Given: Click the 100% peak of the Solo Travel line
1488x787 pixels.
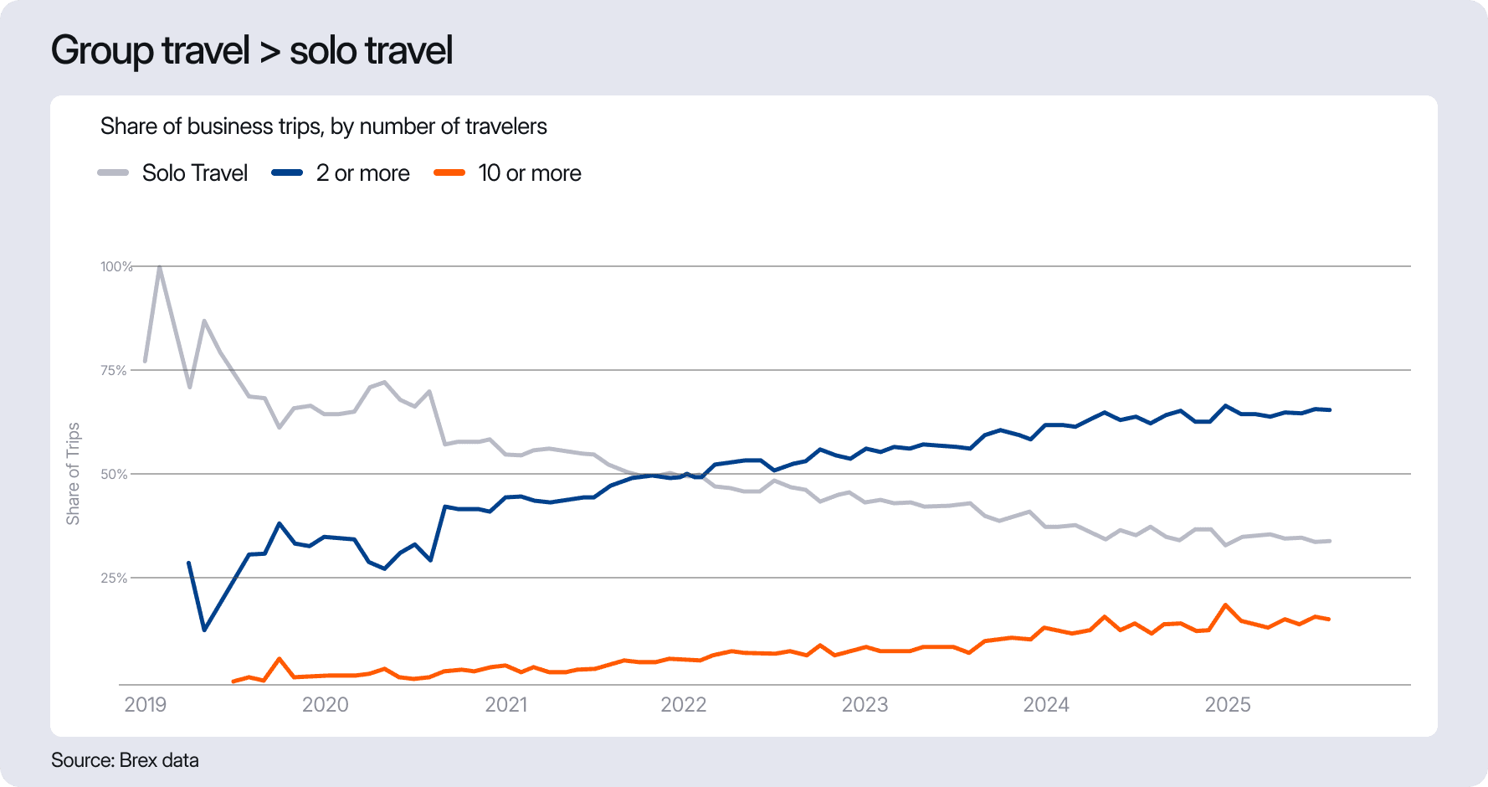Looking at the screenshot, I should [159, 267].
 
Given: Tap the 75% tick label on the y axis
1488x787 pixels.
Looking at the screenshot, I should [114, 370].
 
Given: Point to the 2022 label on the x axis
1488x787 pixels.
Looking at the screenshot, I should [684, 705].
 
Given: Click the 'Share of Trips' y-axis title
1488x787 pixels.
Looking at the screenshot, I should [74, 474].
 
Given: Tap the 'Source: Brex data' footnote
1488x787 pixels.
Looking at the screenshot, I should [125, 760].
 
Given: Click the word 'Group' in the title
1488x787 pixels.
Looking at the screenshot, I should [102, 50].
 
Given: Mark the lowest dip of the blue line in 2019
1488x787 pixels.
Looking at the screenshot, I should [204, 630].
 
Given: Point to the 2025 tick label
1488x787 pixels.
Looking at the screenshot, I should [1227, 705].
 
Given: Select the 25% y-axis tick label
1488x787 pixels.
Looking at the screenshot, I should [114, 578].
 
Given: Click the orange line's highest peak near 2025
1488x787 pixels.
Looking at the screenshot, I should [1225, 604].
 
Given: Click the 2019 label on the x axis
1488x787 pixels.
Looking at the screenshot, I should [146, 705].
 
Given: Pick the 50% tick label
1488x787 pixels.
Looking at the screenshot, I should [114, 474].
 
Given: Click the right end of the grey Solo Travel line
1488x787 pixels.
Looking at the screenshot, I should [1329, 541].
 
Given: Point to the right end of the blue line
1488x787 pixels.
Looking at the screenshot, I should [1329, 409].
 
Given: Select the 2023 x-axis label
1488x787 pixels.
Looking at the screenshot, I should [865, 705].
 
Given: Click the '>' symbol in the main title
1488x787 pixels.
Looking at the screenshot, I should [269, 52].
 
